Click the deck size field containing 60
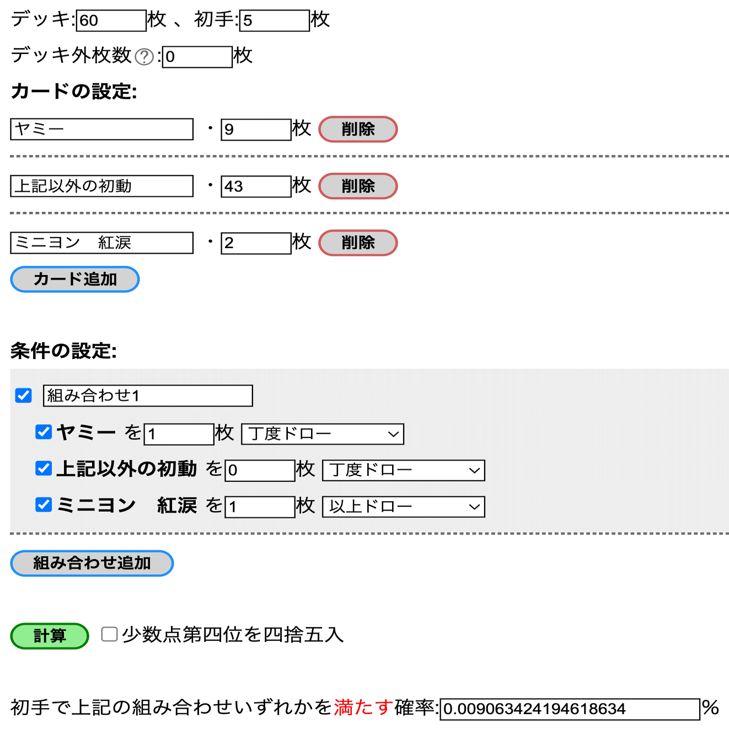pyautogui.click(x=111, y=20)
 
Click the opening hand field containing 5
pyautogui.click(x=274, y=20)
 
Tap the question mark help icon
pyautogui.click(x=144, y=57)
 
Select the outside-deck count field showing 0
pyautogui.click(x=197, y=57)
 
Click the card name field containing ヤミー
pyautogui.click(x=101, y=129)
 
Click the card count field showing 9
pyautogui.click(x=256, y=130)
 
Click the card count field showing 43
pyautogui.click(x=256, y=186)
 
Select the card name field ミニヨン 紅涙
pyautogui.click(x=101, y=243)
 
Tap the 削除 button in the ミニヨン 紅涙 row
pyautogui.click(x=358, y=243)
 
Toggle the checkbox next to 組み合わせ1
pyautogui.click(x=24, y=395)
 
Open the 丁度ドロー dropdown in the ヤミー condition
pyautogui.click(x=323, y=434)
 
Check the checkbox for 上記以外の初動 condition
pyautogui.click(x=44, y=469)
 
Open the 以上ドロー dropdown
pyautogui.click(x=404, y=507)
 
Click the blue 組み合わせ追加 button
pyautogui.click(x=92, y=563)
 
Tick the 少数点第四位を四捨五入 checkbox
pyautogui.click(x=109, y=634)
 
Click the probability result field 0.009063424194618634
pyautogui.click(x=570, y=709)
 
